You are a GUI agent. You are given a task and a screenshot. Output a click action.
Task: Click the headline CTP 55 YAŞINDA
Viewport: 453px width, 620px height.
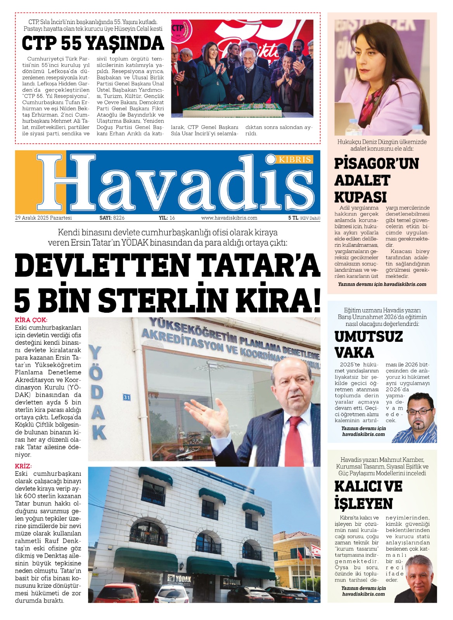pos(93,43)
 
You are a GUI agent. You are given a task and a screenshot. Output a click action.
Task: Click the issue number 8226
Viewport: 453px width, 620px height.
pos(119,218)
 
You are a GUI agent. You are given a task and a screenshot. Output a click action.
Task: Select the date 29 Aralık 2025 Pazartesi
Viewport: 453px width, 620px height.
pos(43,218)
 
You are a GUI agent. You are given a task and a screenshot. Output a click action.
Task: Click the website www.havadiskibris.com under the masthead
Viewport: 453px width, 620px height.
pos(229,218)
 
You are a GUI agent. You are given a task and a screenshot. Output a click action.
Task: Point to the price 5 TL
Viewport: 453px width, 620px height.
pos(293,218)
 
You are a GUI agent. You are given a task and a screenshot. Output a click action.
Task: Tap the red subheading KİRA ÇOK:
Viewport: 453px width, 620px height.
pos(31,320)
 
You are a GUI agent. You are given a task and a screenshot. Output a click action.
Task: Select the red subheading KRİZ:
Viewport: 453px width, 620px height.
pos(23,466)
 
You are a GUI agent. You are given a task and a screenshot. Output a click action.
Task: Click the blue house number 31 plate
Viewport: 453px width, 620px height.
pos(127,397)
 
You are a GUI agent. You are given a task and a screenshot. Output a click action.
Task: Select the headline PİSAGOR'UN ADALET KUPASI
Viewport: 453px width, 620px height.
pos(376,180)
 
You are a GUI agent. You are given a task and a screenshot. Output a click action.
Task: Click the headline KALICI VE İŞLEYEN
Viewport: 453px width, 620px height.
pos(368,495)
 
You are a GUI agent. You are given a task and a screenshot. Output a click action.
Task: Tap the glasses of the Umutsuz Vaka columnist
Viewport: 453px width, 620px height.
pos(420,411)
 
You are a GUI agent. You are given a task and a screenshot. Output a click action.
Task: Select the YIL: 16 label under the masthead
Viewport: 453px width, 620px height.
pos(167,218)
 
